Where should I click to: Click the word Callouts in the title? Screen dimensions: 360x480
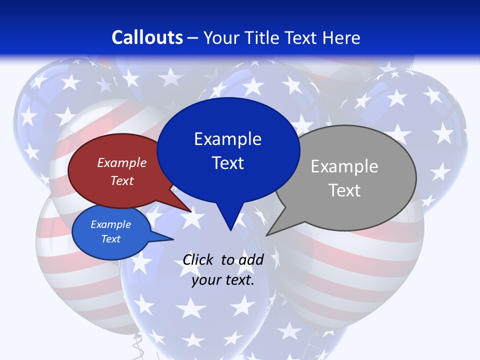[x=147, y=37]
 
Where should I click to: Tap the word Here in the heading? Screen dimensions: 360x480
[x=342, y=37]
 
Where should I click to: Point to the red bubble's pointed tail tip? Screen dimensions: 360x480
[x=191, y=212]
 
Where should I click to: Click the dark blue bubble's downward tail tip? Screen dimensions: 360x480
[x=230, y=230]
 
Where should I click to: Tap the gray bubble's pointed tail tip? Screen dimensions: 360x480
[x=266, y=235]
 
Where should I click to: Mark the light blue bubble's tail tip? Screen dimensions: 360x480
[x=173, y=239]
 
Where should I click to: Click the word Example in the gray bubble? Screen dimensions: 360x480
[x=344, y=166]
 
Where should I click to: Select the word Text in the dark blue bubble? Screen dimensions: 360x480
[x=228, y=163]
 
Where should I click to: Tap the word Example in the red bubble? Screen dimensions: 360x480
[x=122, y=162]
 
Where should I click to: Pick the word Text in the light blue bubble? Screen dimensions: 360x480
[x=111, y=239]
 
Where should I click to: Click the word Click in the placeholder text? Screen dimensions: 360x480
[x=198, y=259]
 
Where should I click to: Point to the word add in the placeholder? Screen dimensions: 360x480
[x=251, y=259]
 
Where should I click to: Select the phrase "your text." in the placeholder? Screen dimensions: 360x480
[x=223, y=280]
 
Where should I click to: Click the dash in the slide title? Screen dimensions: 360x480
[x=193, y=37]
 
